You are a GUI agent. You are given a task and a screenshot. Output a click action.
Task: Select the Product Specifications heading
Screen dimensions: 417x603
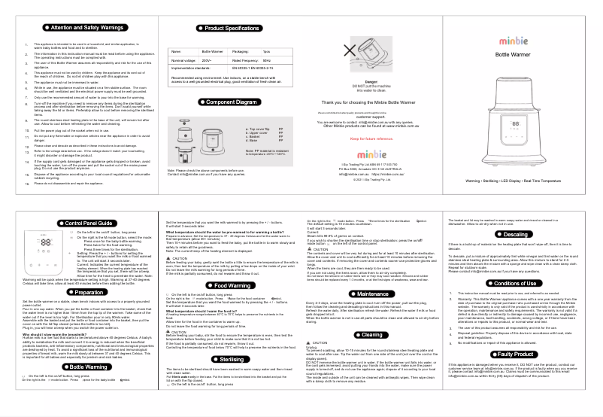(227, 27)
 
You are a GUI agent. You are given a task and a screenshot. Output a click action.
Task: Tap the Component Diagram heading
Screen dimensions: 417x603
(226, 102)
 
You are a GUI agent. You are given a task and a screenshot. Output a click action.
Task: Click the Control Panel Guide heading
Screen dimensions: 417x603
(83, 224)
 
